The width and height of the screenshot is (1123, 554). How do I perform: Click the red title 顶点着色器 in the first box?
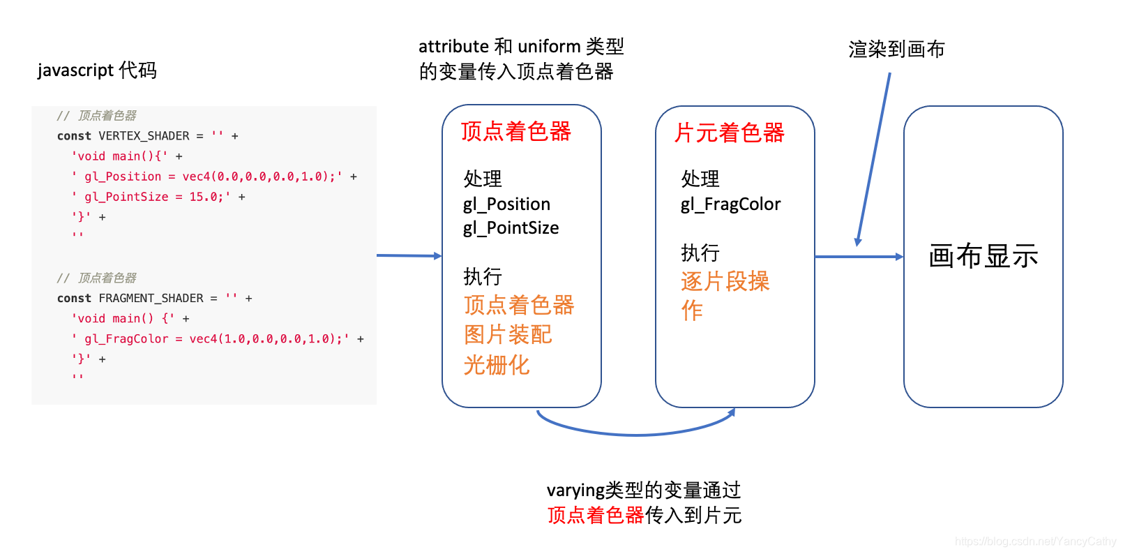tap(515, 131)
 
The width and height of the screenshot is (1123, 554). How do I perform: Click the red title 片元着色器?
tap(729, 133)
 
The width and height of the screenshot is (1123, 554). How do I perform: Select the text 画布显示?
tap(983, 256)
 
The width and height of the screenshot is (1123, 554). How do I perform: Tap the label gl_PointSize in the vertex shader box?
tap(511, 228)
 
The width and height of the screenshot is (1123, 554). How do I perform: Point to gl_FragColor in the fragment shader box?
tap(730, 204)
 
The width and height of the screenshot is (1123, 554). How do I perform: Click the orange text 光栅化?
tap(497, 365)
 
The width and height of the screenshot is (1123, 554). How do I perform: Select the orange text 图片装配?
tap(508, 335)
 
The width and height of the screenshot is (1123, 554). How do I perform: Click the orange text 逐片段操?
tap(725, 281)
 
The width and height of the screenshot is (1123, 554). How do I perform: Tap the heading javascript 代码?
tap(97, 70)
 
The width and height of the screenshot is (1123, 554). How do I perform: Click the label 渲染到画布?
tap(896, 50)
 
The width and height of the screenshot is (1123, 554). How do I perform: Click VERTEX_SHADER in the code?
tap(144, 136)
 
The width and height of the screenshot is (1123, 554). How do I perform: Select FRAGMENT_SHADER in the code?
tap(151, 299)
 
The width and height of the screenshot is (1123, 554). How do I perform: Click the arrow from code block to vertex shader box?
tap(409, 255)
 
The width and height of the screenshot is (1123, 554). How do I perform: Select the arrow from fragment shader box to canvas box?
tap(859, 257)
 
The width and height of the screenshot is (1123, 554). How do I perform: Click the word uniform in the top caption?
tap(549, 47)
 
